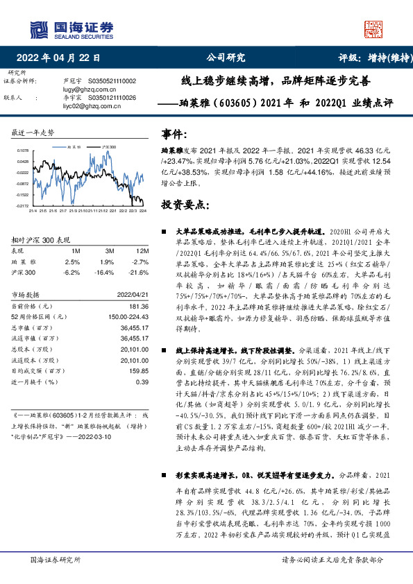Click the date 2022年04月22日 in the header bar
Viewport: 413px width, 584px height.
coord(62,58)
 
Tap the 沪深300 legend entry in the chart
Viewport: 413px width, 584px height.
coord(108,148)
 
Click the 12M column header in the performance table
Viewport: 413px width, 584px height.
coord(142,250)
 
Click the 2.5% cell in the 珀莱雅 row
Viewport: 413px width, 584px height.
coord(72,262)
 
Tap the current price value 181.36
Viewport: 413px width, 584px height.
coord(139,306)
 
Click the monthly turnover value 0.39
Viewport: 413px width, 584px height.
coord(142,381)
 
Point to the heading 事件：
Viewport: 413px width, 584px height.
coord(174,132)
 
